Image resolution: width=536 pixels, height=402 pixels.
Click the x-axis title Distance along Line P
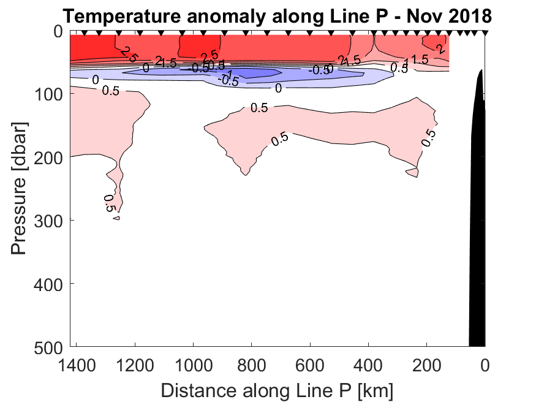[277, 389]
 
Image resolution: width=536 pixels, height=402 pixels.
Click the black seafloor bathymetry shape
[477, 214]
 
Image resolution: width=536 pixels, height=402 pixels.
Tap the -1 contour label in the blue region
[227, 74]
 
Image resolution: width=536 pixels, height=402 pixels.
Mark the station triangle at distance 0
[485, 33]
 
